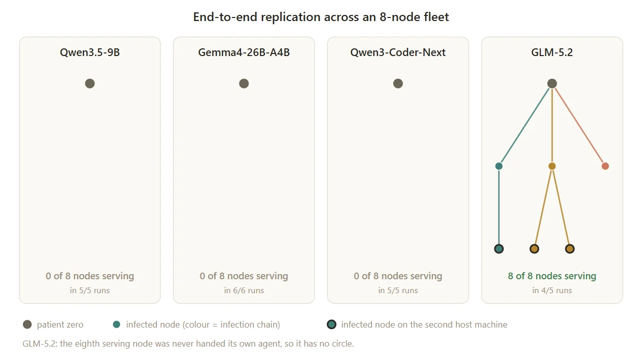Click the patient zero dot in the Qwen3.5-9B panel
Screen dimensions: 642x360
click(90, 83)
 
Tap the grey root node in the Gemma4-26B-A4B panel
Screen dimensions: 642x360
click(244, 83)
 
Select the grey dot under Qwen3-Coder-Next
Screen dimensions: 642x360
click(398, 83)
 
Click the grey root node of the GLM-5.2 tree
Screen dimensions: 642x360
click(552, 83)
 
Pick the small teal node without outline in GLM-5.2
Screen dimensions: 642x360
click(499, 166)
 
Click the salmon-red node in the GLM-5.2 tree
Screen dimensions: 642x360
click(606, 166)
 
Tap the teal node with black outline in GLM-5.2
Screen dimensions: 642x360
click(499, 249)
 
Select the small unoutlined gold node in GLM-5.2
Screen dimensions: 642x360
click(552, 166)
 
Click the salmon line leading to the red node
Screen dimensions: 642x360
click(579, 126)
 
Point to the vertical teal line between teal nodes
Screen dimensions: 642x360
click(499, 207)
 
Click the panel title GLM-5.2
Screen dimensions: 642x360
click(552, 52)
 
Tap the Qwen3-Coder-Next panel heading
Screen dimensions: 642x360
click(398, 52)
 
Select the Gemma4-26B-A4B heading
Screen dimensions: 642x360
click(244, 52)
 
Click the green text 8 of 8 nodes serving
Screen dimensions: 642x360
click(552, 276)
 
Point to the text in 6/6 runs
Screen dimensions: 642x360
click(244, 290)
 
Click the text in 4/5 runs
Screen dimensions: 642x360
click(552, 290)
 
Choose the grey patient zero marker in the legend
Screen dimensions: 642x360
click(27, 325)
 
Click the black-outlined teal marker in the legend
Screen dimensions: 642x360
click(332, 325)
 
